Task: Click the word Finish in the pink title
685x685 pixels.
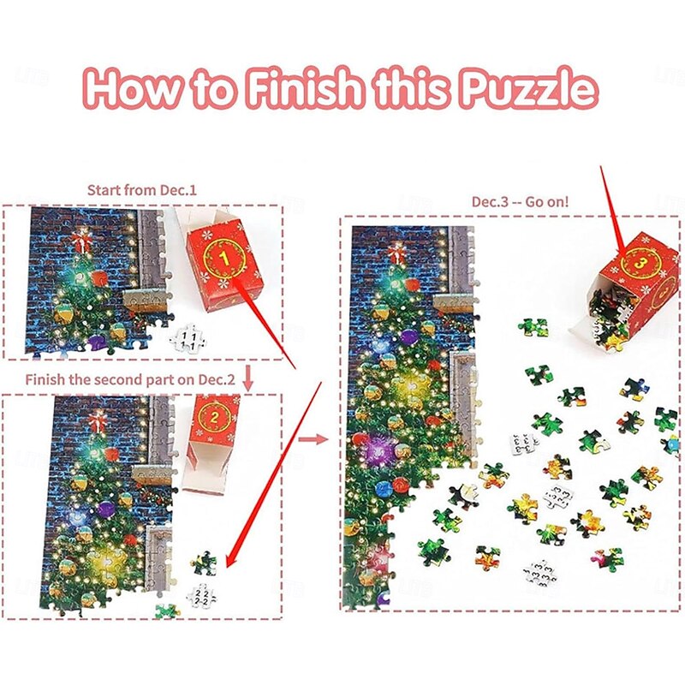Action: [x=306, y=86]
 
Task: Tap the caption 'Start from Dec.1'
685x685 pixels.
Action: [x=142, y=190]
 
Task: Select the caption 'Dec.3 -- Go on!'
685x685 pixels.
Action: [x=521, y=202]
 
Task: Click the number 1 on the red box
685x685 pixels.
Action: [x=225, y=259]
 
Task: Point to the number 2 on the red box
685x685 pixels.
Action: [x=214, y=418]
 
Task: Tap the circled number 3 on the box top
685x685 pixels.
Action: [x=639, y=263]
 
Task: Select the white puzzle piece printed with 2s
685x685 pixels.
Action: [x=200, y=595]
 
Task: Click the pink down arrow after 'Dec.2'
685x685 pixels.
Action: [x=247, y=378]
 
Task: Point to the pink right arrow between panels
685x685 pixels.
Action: [x=313, y=438]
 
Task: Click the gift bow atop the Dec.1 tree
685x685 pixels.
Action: [x=80, y=241]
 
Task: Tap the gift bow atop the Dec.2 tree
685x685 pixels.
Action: [x=97, y=420]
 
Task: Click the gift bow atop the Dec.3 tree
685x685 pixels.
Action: [x=396, y=253]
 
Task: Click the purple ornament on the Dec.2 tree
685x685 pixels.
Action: [x=105, y=508]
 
